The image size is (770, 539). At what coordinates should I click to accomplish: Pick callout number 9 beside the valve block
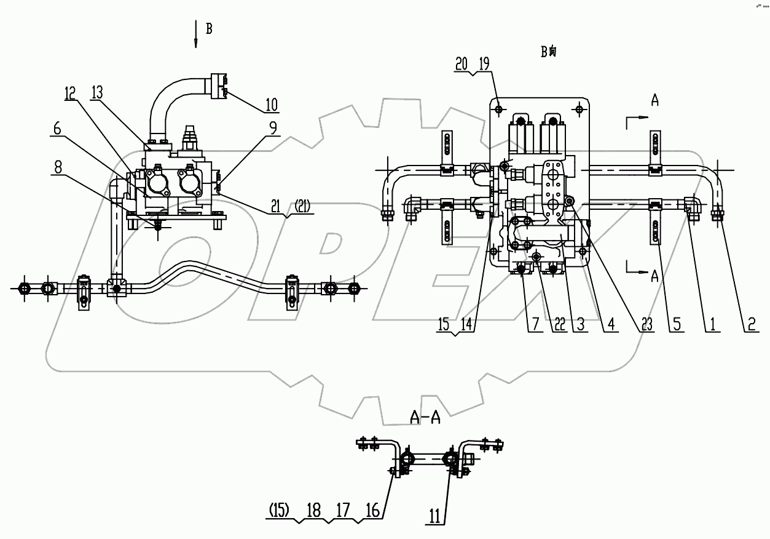[x=271, y=128]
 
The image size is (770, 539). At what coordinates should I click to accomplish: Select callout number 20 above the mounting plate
[x=462, y=63]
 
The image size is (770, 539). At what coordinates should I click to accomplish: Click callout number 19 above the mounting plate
[x=484, y=63]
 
